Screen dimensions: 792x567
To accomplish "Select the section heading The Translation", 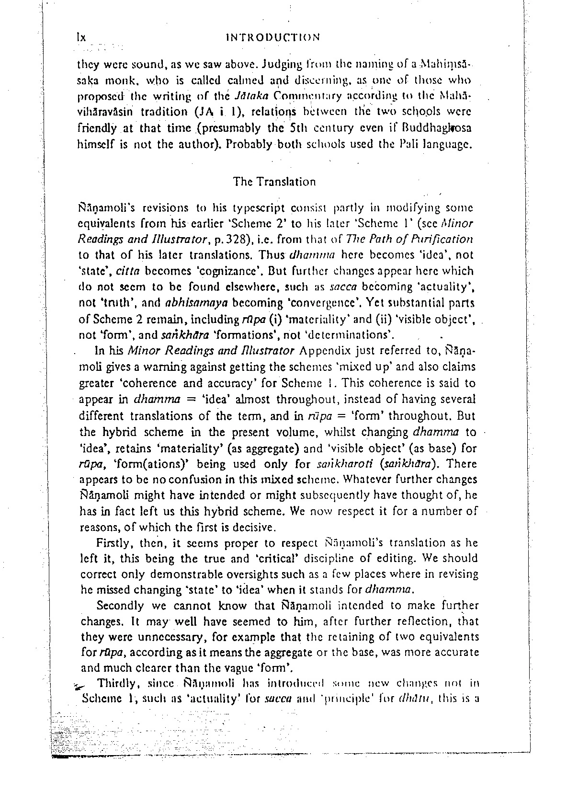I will (274, 182).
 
